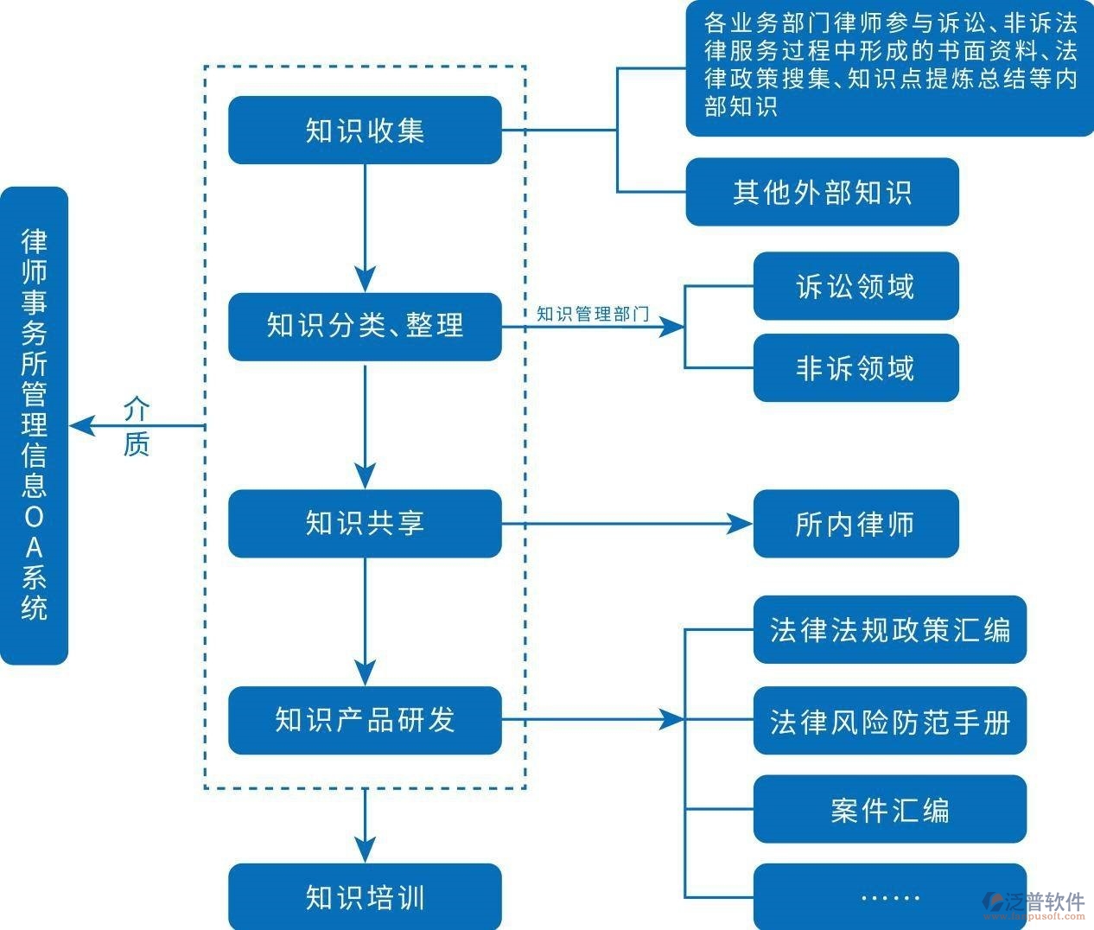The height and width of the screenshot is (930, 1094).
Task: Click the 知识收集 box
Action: pyautogui.click(x=365, y=131)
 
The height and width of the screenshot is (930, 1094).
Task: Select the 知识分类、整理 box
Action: pyautogui.click(x=365, y=327)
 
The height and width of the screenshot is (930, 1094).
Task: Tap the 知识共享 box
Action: pyautogui.click(x=365, y=524)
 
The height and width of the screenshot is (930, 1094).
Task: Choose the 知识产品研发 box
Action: pyautogui.click(x=365, y=720)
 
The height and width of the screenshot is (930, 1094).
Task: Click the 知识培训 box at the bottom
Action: pyautogui.click(x=365, y=897)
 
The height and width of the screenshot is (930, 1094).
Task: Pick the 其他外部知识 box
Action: pyautogui.click(x=822, y=192)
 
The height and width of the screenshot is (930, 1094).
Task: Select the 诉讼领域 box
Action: pyautogui.click(x=855, y=286)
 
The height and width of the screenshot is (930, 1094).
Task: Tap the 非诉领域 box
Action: pyautogui.click(x=855, y=368)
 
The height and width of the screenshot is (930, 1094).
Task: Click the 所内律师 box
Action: pyautogui.click(x=855, y=524)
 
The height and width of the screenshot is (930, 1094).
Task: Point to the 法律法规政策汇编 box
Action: pyautogui.click(x=889, y=629)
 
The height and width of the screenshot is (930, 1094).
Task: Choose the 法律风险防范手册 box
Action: pyautogui.click(x=889, y=721)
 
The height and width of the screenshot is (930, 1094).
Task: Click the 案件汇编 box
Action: pyautogui.click(x=889, y=810)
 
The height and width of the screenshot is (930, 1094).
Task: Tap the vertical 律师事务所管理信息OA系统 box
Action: pyautogui.click(x=34, y=425)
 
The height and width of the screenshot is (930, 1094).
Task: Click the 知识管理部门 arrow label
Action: pyautogui.click(x=592, y=314)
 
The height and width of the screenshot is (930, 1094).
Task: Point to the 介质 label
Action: pyautogui.click(x=137, y=426)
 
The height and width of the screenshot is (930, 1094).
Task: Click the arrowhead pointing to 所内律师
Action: pyautogui.click(x=741, y=524)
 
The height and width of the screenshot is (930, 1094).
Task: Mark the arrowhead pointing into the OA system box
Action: pyautogui.click(x=80, y=426)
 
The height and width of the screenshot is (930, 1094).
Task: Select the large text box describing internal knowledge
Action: pyautogui.click(x=889, y=69)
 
